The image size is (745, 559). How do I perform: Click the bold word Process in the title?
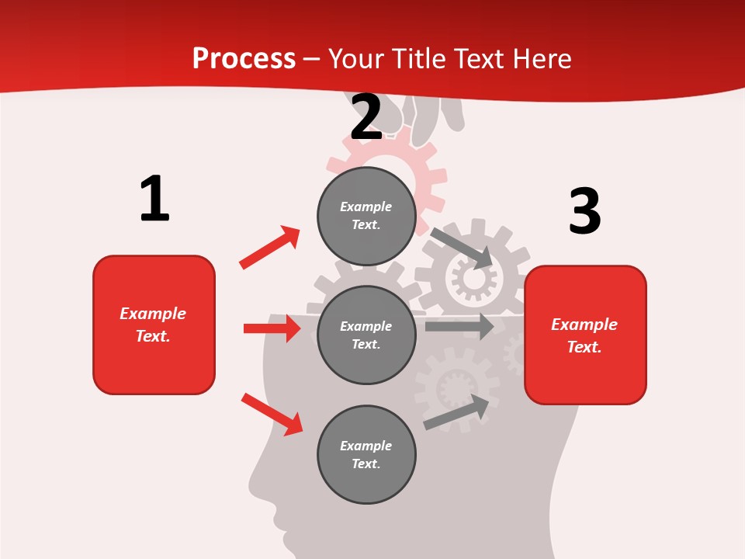tap(244, 59)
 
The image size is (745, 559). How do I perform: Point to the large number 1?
tap(154, 199)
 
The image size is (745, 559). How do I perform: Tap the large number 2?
tap(366, 118)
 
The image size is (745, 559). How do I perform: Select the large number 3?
tap(584, 211)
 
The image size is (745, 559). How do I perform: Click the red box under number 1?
tap(154, 325)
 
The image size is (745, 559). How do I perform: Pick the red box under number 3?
tap(585, 335)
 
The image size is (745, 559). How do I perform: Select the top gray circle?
tap(366, 216)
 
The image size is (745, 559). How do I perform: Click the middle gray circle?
tap(366, 335)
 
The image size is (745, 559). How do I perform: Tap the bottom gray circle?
tap(366, 454)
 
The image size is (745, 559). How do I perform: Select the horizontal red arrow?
tap(272, 328)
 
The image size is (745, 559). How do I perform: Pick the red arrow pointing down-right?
tap(272, 414)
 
